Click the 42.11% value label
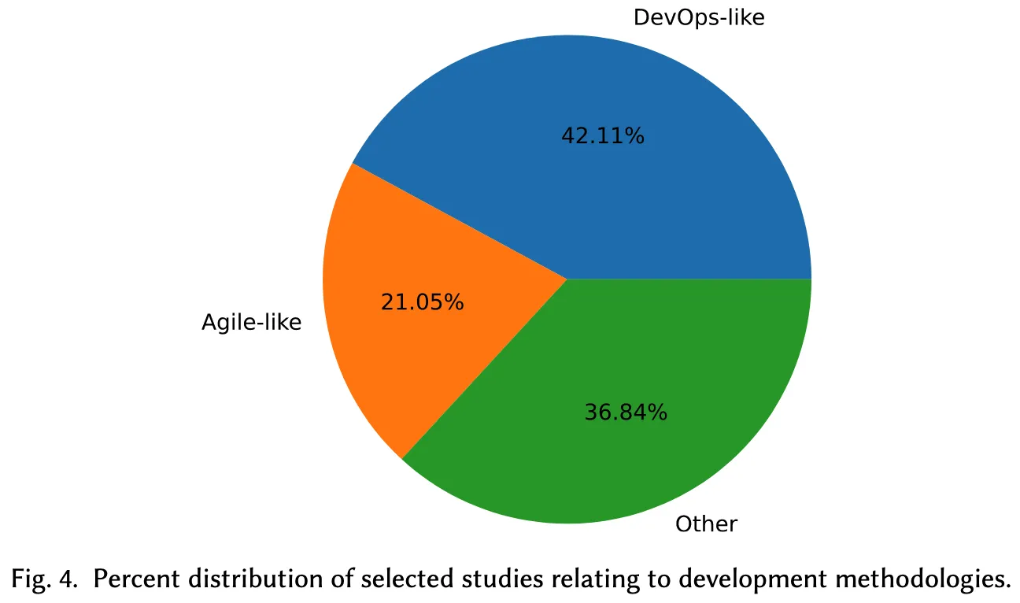click(x=603, y=136)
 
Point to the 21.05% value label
click(x=422, y=301)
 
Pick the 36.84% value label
click(x=626, y=412)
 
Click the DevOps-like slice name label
click(x=699, y=17)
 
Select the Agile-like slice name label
click(x=251, y=322)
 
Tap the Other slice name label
click(x=706, y=523)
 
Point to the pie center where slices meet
click(x=567, y=278)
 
